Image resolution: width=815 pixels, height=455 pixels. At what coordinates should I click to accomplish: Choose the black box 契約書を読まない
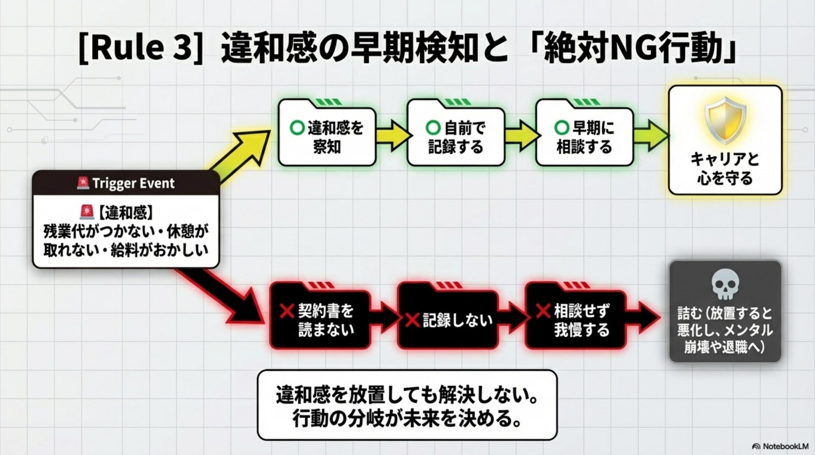point(320,320)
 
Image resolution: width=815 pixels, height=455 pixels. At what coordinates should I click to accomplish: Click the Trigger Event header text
point(133,183)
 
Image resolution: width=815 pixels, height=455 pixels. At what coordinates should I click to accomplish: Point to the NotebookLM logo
point(784,446)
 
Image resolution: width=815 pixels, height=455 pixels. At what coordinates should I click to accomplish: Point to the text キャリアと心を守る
point(725,169)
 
